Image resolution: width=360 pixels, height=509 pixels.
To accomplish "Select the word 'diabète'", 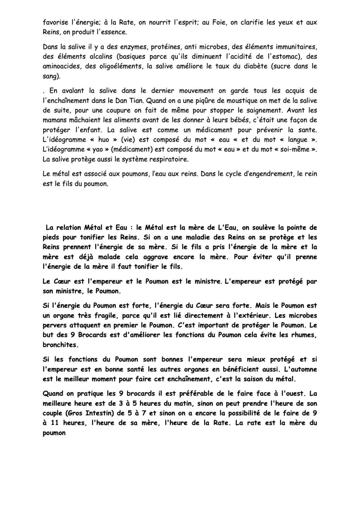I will [251, 66].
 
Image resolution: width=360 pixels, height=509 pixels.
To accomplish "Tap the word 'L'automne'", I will [301, 369].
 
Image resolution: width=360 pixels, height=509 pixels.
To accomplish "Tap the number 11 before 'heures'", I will [55, 423].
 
